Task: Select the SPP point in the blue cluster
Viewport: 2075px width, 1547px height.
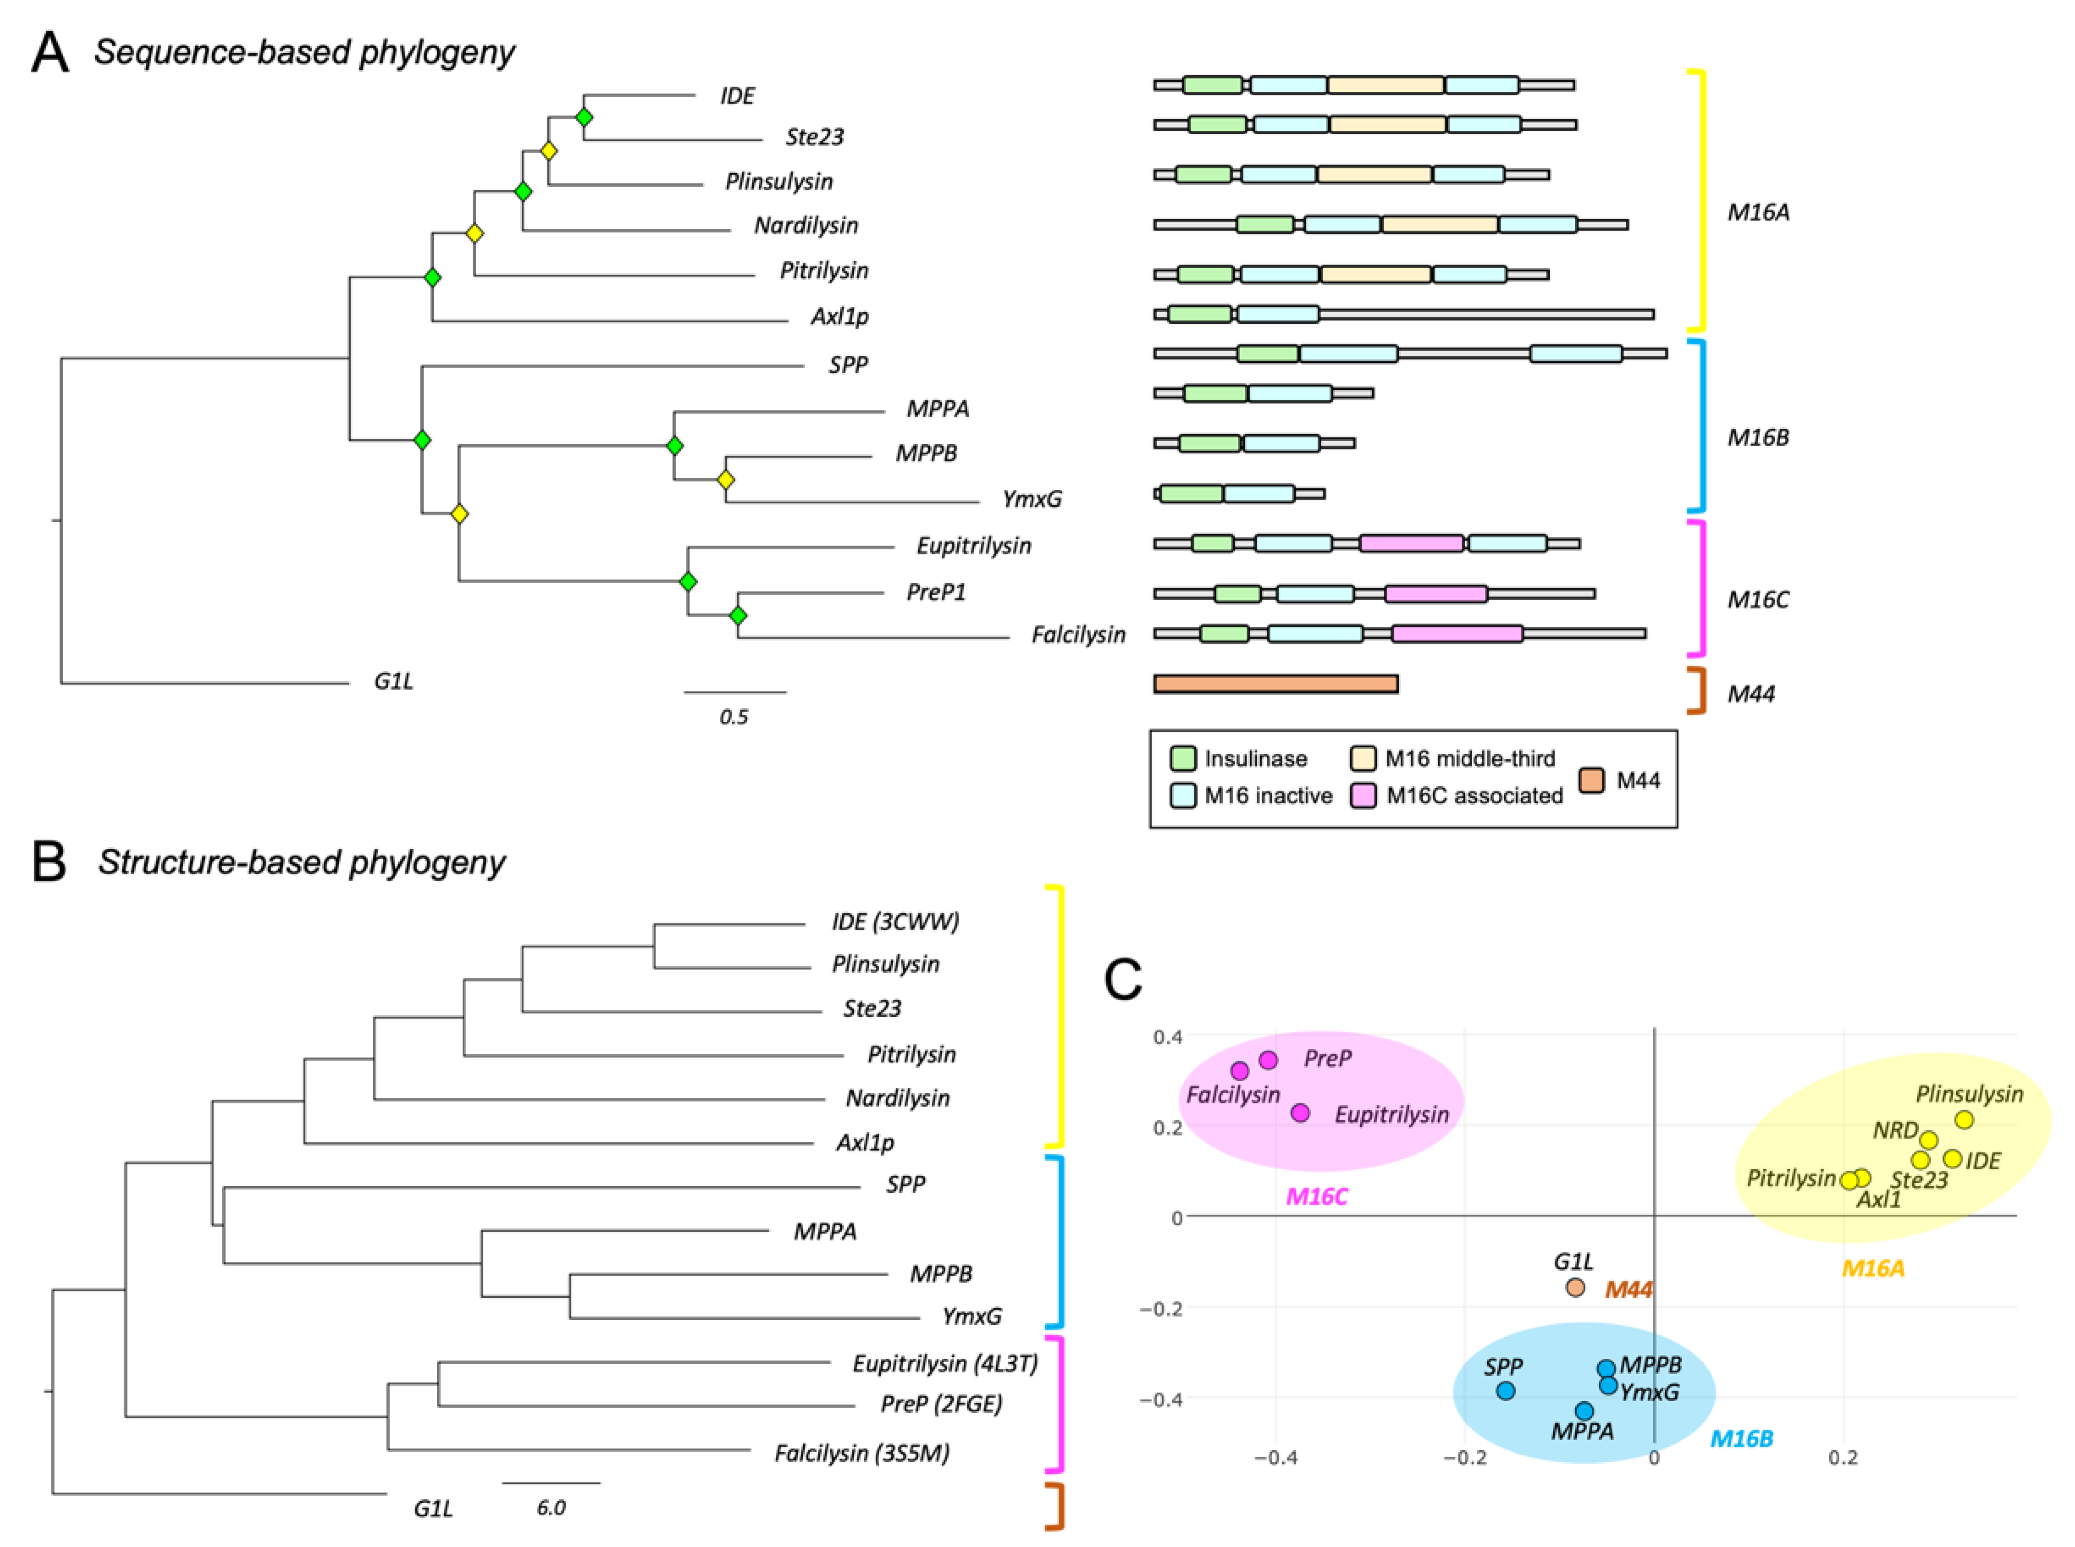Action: (x=1505, y=1391)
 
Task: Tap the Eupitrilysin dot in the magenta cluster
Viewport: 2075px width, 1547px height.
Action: (x=1300, y=1112)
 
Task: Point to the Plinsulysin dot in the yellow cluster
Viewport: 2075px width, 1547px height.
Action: (x=1963, y=1119)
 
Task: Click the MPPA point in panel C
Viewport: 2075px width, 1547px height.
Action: (x=1583, y=1410)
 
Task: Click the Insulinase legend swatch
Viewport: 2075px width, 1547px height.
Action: (x=1183, y=757)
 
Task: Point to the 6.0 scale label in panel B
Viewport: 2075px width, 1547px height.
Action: (x=551, y=1507)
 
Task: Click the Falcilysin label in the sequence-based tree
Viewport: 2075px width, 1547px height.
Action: (x=1078, y=635)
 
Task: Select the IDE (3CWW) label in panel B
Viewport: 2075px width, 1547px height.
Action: (x=895, y=922)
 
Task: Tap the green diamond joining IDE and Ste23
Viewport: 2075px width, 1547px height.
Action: (x=584, y=117)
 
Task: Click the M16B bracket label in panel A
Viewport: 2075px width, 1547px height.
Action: (x=1758, y=437)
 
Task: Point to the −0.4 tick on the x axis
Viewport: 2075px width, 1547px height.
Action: (x=1276, y=1458)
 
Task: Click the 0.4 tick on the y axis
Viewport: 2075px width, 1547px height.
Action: (x=1168, y=1036)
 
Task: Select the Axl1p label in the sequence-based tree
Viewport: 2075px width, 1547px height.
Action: (x=839, y=317)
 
